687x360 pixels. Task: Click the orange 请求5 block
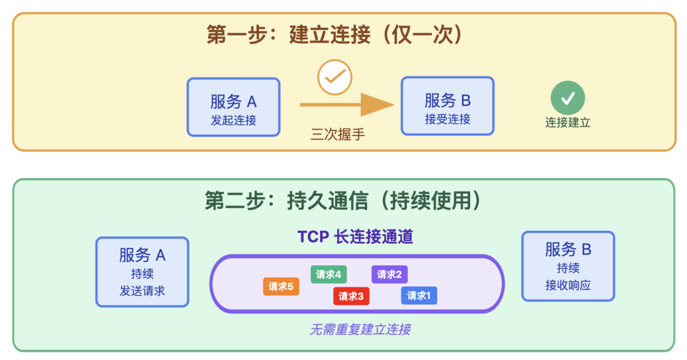(x=281, y=286)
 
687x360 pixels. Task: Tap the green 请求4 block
(x=329, y=274)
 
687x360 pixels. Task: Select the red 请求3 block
(x=351, y=296)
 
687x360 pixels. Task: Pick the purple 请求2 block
(x=389, y=274)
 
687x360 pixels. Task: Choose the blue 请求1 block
(x=419, y=295)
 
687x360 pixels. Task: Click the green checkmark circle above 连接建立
(x=567, y=98)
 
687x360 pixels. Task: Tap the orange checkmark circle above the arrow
(x=335, y=77)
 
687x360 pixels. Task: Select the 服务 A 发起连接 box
(x=233, y=107)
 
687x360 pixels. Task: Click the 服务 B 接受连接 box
(x=447, y=106)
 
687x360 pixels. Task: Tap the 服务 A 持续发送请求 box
(x=142, y=272)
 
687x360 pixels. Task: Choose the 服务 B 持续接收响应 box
(x=568, y=266)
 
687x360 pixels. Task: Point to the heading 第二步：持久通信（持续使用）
(x=343, y=200)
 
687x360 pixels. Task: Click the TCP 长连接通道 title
(x=356, y=237)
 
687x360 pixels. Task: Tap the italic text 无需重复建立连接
(x=360, y=329)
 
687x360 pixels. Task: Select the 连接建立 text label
(x=567, y=123)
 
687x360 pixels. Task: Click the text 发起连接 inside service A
(x=233, y=120)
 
